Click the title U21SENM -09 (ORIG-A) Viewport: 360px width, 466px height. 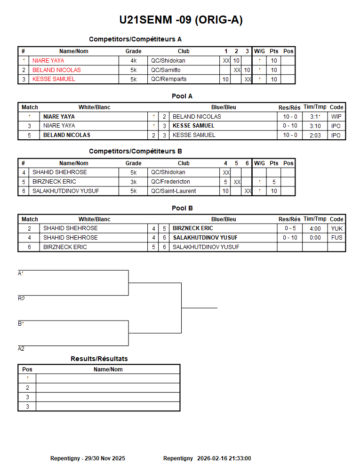[181, 20]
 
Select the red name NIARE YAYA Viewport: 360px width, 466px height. [48, 61]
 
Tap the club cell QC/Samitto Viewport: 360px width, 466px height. [166, 70]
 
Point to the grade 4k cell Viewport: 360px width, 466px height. [134, 61]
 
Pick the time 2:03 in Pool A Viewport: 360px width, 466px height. [315, 135]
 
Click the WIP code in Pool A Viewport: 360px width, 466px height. [336, 117]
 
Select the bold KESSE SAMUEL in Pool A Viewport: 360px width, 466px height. [193, 126]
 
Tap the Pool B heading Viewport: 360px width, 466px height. [182, 208]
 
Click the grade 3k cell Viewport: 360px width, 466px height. [134, 182]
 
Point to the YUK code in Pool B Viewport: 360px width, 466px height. [336, 228]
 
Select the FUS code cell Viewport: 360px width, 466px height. [336, 238]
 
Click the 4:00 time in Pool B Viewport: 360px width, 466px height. [315, 228]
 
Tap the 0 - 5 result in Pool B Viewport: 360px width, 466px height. [289, 228]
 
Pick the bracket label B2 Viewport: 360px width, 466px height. [21, 298]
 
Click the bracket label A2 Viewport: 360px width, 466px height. [21, 349]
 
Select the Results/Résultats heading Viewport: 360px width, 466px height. [99, 359]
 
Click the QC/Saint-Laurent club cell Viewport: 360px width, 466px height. [173, 191]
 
